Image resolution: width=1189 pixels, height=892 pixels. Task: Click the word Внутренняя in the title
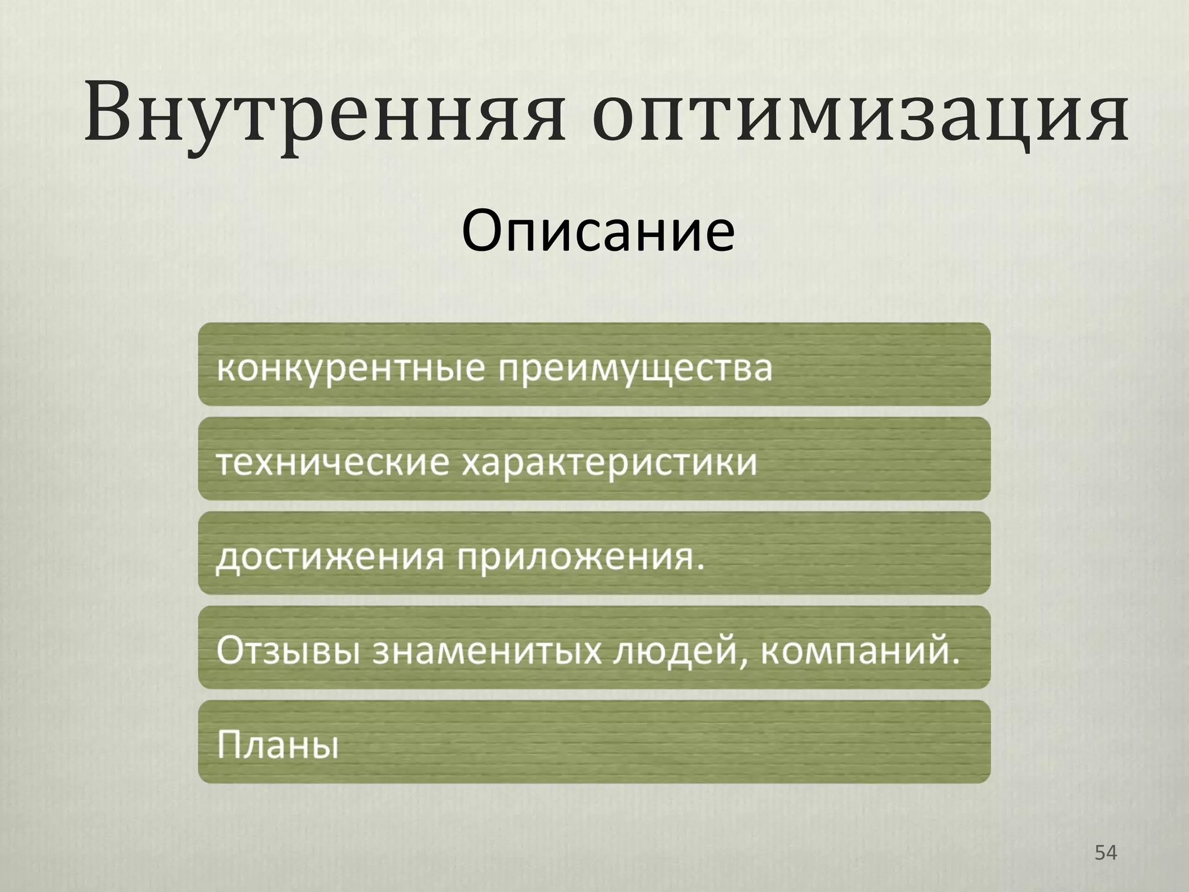325,113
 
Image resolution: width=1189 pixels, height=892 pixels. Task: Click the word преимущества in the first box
636,368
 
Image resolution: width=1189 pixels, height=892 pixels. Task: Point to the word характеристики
610,463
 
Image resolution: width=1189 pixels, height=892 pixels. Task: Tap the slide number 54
1105,853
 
